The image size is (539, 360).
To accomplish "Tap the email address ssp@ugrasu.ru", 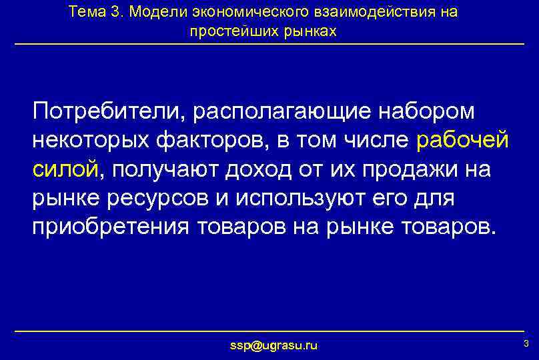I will (274, 345).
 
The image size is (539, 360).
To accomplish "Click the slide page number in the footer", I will (526, 343).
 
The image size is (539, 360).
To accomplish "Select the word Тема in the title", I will (87, 12).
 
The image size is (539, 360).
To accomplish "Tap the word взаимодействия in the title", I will (377, 12).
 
